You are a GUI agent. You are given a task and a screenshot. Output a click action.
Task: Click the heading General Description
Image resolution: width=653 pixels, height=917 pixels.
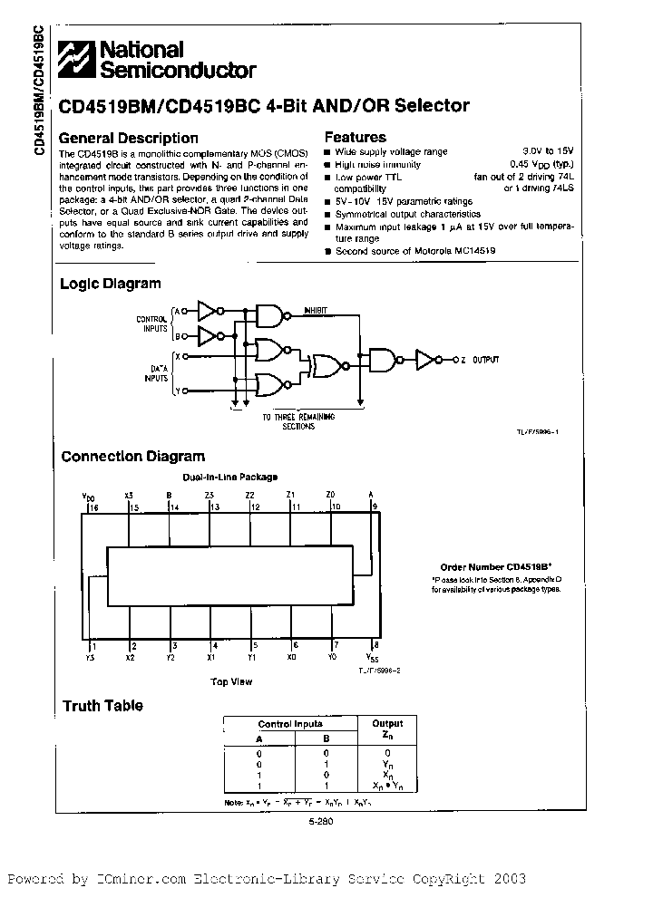tap(128, 139)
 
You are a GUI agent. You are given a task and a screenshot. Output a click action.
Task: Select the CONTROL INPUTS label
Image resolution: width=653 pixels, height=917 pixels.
tap(151, 323)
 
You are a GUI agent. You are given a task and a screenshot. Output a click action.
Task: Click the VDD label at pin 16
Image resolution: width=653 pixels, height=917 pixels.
tap(88, 497)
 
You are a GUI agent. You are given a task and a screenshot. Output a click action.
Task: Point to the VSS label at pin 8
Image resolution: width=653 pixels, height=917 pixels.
tap(373, 656)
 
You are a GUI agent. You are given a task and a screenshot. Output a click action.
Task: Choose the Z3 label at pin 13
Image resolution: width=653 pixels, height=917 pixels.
tap(210, 495)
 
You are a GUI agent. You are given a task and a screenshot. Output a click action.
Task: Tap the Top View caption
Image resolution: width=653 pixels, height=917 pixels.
tap(231, 681)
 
